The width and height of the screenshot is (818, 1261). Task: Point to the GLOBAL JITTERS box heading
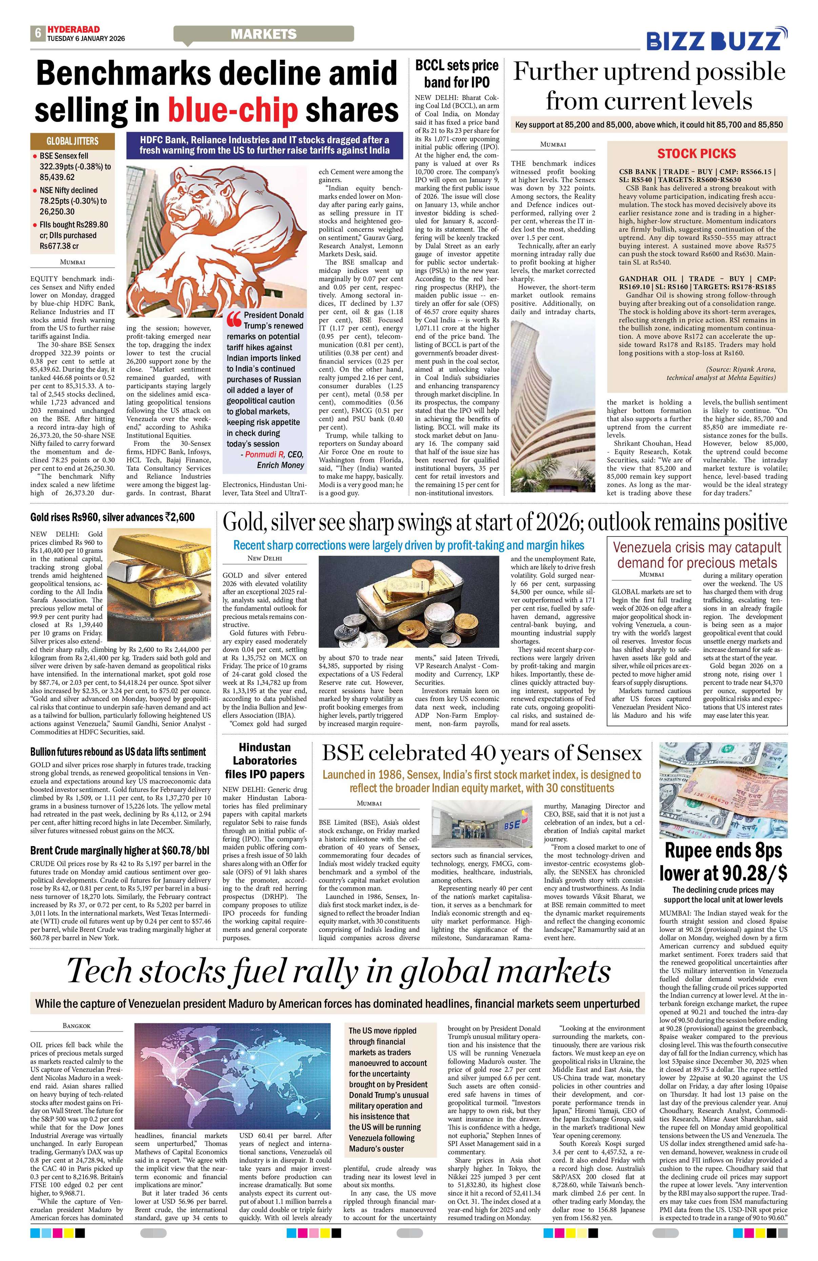pyautogui.click(x=72, y=141)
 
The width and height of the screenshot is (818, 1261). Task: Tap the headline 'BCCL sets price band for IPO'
pyautogui.click(x=456, y=73)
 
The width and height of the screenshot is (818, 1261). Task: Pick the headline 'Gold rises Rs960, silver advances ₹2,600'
pyautogui.click(x=113, y=518)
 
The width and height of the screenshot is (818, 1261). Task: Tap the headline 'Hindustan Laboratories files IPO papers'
pyautogui.click(x=264, y=760)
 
